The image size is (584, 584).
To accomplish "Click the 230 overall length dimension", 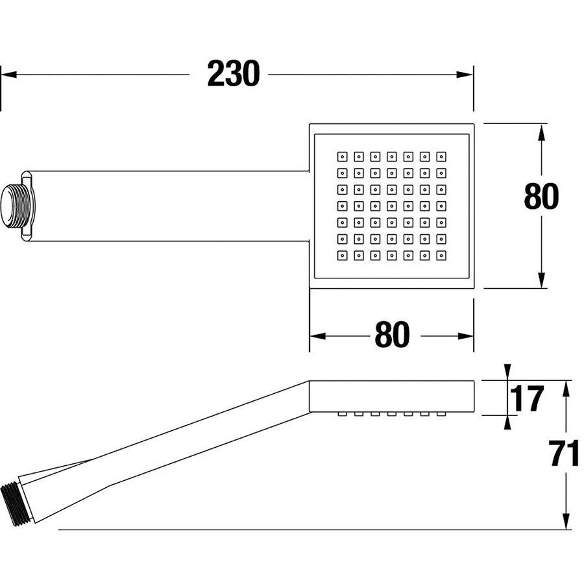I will coord(233,74).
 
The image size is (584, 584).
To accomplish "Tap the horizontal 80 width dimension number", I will coord(392,335).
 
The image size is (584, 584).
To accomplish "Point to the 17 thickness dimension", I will coord(527,399).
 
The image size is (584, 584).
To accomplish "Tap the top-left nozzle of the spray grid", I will coord(341,156).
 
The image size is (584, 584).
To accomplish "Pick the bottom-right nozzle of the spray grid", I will coord(441,256).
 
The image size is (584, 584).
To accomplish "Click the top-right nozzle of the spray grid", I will coord(441,156).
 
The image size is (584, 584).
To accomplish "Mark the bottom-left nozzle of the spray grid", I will coord(341,256).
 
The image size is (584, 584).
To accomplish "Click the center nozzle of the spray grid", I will coord(391,206).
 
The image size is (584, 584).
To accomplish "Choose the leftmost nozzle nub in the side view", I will coord(341,414).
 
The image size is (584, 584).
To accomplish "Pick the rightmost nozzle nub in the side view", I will coord(441,414).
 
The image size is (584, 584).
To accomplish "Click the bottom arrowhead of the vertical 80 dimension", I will coord(541,280).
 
